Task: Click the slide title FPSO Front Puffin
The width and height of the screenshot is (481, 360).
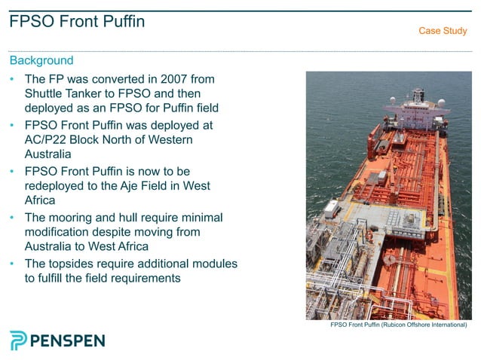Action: (x=77, y=22)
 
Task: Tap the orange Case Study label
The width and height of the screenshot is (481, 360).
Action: (x=443, y=31)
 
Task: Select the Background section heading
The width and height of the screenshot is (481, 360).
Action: (x=41, y=60)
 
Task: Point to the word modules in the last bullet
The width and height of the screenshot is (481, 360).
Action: (x=215, y=264)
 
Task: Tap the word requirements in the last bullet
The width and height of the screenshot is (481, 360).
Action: (x=142, y=279)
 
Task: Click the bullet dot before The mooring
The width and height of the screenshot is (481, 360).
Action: (x=12, y=218)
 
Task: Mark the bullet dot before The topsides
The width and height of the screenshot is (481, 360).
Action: (x=12, y=264)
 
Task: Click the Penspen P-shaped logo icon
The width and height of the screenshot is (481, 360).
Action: (x=18, y=340)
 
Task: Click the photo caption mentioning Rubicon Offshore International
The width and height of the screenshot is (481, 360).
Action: (x=398, y=325)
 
